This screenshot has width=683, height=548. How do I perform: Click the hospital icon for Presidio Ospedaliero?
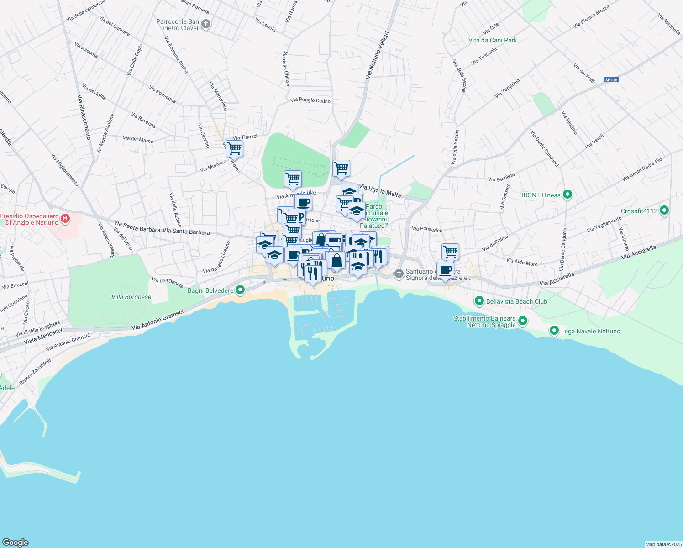(65, 219)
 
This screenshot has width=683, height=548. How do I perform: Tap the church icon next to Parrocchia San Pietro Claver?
(206, 24)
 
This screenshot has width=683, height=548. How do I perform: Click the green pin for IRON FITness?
(567, 195)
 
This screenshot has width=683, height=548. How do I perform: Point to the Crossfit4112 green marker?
(664, 211)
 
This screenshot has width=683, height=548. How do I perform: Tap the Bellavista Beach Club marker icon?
(479, 301)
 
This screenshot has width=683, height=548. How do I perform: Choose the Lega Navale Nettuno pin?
(554, 331)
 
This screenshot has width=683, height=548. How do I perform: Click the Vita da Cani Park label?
(493, 40)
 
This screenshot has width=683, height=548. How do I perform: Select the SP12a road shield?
(611, 80)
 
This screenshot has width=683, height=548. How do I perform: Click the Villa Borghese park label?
(131, 297)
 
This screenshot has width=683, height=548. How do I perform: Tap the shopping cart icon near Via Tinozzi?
(234, 148)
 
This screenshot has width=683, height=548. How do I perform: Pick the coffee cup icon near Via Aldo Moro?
(445, 270)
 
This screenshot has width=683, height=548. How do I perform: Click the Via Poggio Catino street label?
(310, 100)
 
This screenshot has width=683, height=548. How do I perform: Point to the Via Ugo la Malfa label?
(380, 191)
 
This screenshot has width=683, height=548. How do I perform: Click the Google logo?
(16, 542)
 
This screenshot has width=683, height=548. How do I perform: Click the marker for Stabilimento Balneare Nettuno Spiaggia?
(523, 321)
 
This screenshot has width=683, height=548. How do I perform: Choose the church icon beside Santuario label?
(399, 274)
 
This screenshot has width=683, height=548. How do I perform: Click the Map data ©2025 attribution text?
(663, 544)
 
